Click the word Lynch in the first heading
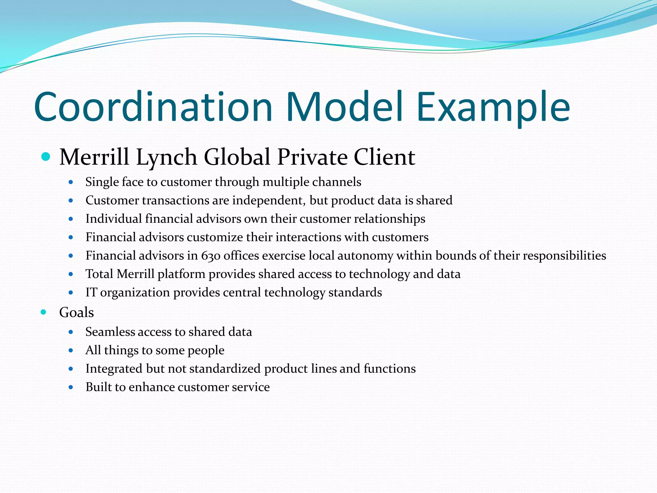point(166,157)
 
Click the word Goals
point(76,312)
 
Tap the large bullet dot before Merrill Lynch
point(46,157)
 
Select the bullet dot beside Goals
point(43,312)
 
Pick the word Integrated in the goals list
point(114,369)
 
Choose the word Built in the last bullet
point(98,387)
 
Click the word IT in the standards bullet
point(91,292)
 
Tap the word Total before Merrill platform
point(99,274)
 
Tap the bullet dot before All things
point(71,350)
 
